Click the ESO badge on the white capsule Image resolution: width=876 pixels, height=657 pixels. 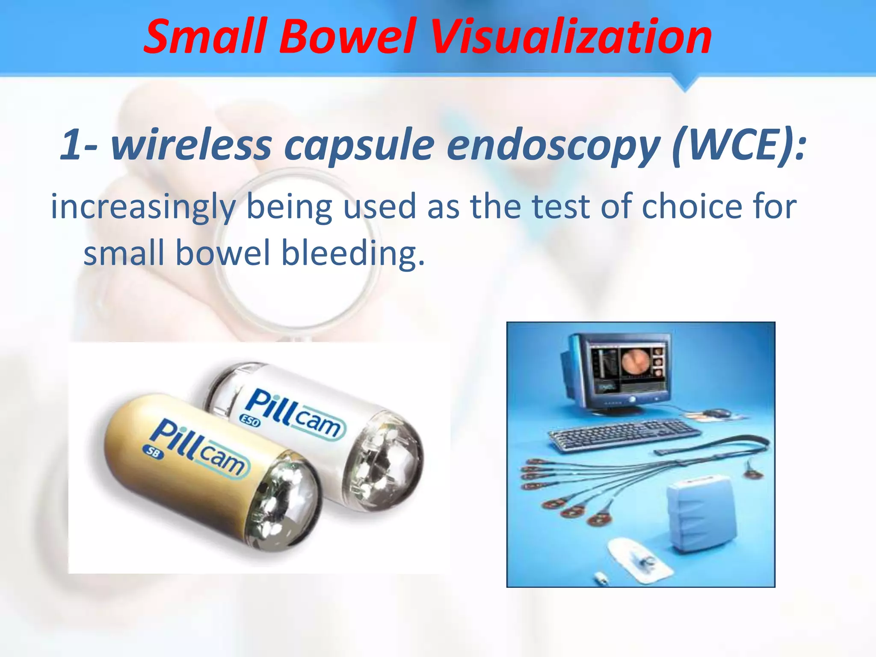(x=250, y=420)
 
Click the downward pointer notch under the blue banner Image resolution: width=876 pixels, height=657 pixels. (x=685, y=84)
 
